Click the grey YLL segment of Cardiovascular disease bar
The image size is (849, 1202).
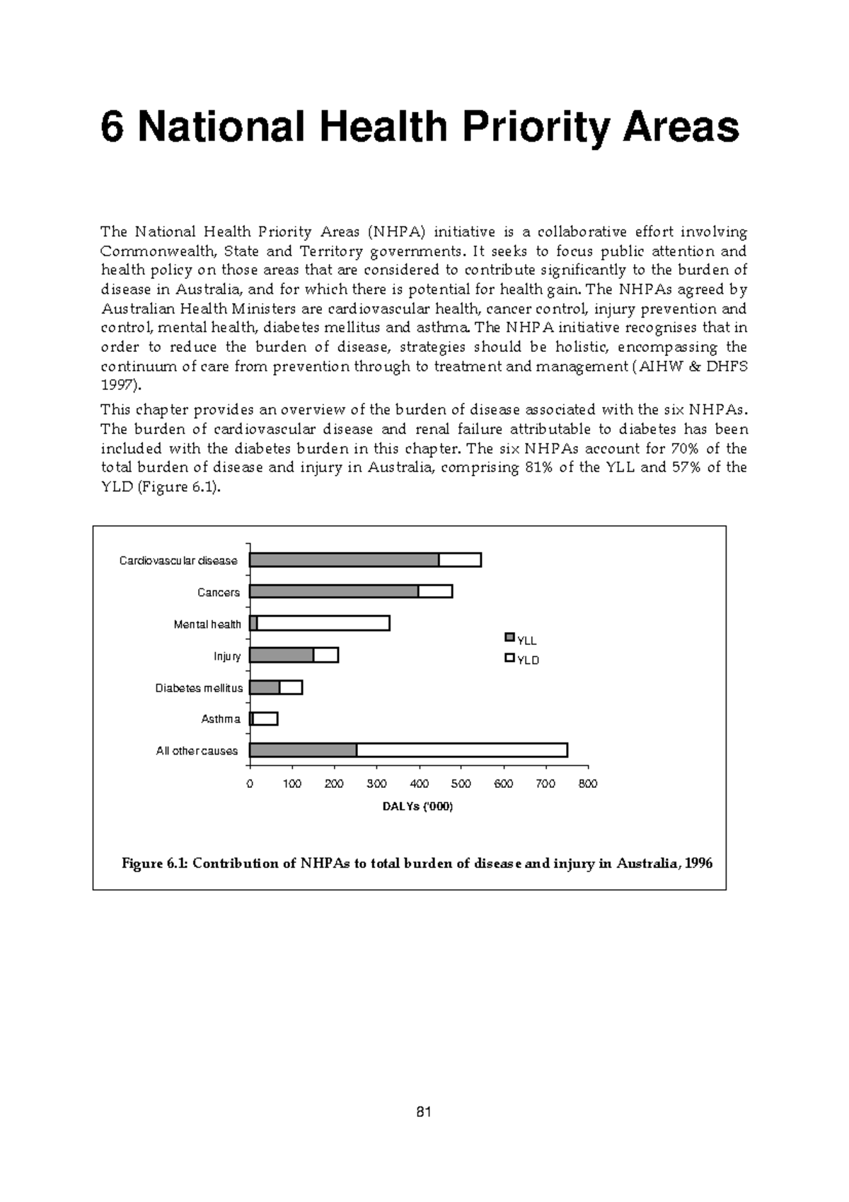click(x=344, y=560)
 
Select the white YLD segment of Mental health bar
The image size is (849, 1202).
click(x=323, y=624)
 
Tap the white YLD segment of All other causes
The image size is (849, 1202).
click(x=461, y=750)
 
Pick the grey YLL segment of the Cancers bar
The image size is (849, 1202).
click(x=333, y=592)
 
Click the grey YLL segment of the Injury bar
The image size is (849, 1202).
click(x=281, y=656)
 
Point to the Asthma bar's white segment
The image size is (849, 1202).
click(x=265, y=719)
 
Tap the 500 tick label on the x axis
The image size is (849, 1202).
click(x=461, y=784)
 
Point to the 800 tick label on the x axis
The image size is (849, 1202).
click(x=588, y=784)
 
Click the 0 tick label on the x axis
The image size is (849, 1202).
click(x=249, y=784)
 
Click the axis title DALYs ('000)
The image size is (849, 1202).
click(x=417, y=807)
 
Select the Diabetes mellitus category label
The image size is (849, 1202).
click(x=199, y=688)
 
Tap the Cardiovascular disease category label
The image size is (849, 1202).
click(x=178, y=561)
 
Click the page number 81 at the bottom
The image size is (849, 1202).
click(x=424, y=1112)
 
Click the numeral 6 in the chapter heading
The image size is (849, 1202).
click(x=111, y=127)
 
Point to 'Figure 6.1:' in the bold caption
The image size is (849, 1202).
click(x=154, y=864)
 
